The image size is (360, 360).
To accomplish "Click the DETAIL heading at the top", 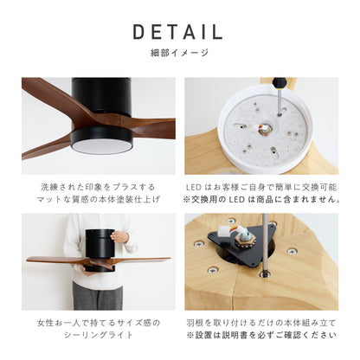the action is [x=177, y=32].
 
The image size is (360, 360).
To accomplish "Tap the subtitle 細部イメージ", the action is [x=179, y=53].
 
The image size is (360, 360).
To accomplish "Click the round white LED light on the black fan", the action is [x=101, y=148].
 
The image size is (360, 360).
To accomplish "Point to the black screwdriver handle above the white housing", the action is [x=279, y=83].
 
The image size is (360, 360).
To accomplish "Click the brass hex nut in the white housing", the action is [x=262, y=132].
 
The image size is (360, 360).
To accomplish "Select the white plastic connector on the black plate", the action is [x=225, y=231].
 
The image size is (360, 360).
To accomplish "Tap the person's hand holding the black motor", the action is [x=119, y=237].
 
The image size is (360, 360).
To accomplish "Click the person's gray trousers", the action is [x=98, y=296].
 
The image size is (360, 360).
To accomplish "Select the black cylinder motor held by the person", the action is [x=100, y=249].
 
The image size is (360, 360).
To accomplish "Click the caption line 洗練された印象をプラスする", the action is [x=98, y=187].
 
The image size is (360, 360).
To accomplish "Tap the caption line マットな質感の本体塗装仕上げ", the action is [x=98, y=199].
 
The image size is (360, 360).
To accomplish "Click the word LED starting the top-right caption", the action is [x=194, y=188].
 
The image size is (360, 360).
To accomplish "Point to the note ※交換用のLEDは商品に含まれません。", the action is [x=261, y=199].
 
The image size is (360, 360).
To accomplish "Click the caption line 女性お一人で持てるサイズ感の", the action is [x=98, y=323].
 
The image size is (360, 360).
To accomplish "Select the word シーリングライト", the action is [x=98, y=335].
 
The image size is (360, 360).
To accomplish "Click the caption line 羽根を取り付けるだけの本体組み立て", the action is [x=261, y=323].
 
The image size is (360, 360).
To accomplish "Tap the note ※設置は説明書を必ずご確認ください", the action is [x=261, y=335].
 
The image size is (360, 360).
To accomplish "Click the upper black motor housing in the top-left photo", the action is [x=101, y=95].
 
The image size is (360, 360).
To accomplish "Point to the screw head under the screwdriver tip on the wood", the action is [x=264, y=274].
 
